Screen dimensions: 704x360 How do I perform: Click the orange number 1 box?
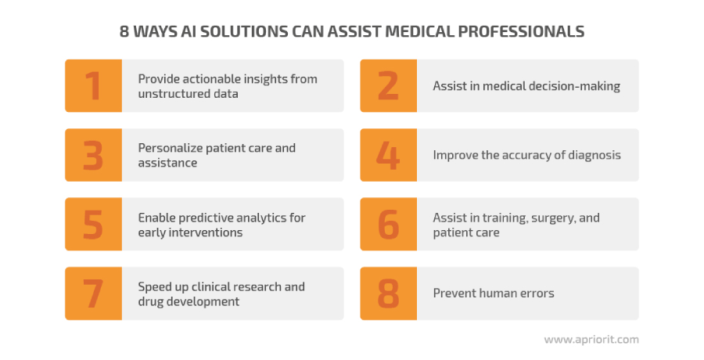(93, 86)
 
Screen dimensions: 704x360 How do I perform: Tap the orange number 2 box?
(388, 86)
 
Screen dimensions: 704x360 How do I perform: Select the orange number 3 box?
(93, 155)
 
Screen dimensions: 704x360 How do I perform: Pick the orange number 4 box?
(388, 155)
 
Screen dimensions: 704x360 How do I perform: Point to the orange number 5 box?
(93, 225)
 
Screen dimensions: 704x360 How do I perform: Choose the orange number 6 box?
(388, 225)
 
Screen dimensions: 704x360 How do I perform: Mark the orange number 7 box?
(93, 293)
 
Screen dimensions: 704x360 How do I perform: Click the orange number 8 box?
(388, 293)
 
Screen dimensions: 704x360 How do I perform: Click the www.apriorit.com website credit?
(591, 340)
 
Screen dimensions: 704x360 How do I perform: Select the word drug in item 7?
(149, 301)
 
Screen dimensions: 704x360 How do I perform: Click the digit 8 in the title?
(124, 31)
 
